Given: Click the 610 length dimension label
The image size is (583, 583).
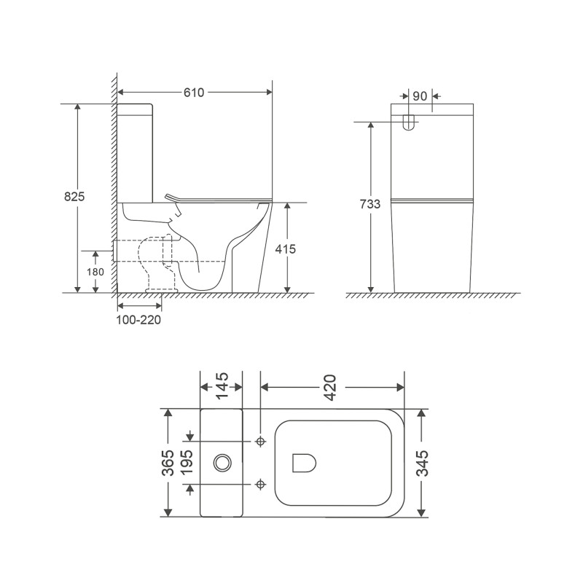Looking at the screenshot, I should pyautogui.click(x=193, y=93).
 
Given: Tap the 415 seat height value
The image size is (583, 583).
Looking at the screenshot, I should pyautogui.click(x=286, y=249).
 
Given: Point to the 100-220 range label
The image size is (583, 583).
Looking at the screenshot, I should pyautogui.click(x=139, y=320).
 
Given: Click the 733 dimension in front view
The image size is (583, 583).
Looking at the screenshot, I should pyautogui.click(x=370, y=205).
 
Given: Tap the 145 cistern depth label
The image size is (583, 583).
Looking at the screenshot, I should pyautogui.click(x=222, y=384).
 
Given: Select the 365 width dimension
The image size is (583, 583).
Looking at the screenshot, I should pyautogui.click(x=168, y=462).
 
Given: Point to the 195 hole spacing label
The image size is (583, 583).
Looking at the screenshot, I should pyautogui.click(x=189, y=462).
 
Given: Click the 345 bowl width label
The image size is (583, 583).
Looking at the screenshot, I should pyautogui.click(x=422, y=462).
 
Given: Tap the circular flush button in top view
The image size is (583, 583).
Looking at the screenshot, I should pyautogui.click(x=222, y=462).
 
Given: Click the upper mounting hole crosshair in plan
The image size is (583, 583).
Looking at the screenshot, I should pyautogui.click(x=261, y=442).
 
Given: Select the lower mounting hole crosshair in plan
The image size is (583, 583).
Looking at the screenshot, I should pyautogui.click(x=261, y=483).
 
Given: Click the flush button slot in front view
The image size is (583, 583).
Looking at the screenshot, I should pyautogui.click(x=409, y=122).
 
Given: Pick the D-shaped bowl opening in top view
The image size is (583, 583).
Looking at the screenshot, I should pyautogui.click(x=302, y=462).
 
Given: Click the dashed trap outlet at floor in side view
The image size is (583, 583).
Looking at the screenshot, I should pyautogui.click(x=163, y=289).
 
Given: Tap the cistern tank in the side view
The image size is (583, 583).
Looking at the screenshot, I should pyautogui.click(x=136, y=153).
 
